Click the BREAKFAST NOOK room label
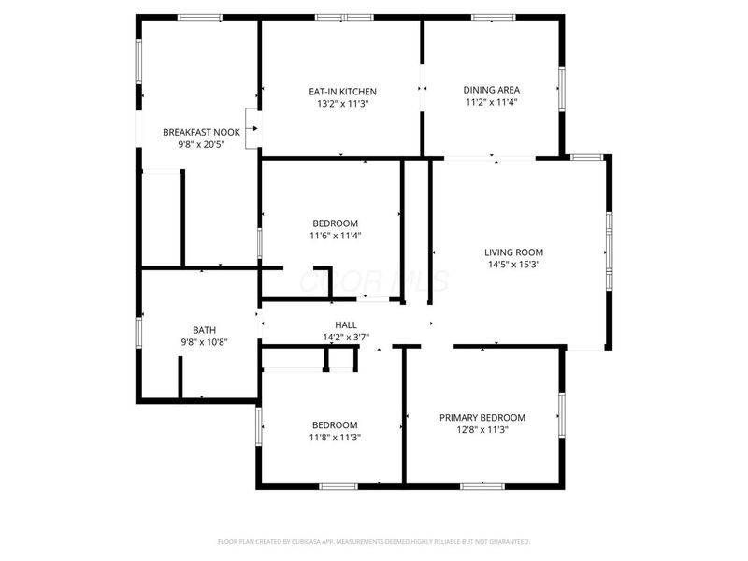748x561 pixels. [201, 132]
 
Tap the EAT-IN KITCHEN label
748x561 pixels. [342, 92]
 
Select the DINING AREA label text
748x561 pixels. [492, 90]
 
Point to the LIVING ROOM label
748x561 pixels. [513, 252]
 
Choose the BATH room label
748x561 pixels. [204, 330]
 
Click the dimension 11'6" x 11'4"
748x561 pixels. [335, 236]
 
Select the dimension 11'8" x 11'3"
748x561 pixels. [335, 437]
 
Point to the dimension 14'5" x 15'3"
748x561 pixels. [513, 265]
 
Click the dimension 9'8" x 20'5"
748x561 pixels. [201, 145]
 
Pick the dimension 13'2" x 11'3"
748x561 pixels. [342, 104]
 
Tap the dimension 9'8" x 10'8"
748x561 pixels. [204, 342]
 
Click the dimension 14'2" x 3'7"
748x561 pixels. [346, 337]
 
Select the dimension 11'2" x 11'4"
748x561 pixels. [492, 103]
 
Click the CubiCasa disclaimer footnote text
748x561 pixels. [374, 541]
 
